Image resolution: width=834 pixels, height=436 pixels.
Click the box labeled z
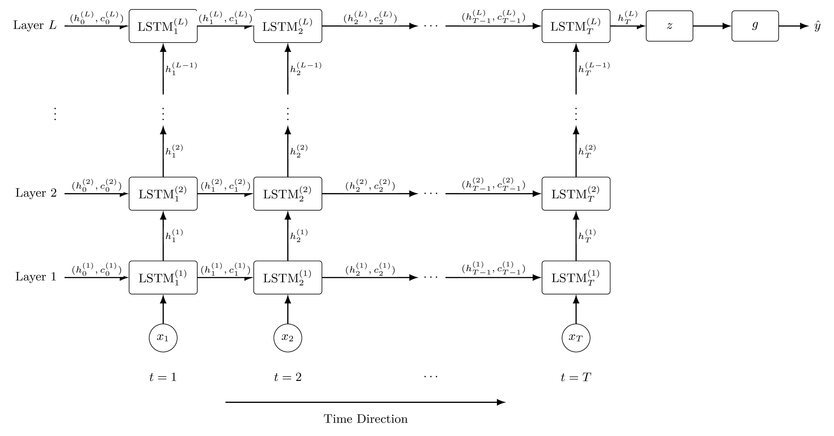tap(669, 26)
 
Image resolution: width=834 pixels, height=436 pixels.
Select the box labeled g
tap(755, 26)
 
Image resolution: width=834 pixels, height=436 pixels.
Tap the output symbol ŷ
tap(817, 26)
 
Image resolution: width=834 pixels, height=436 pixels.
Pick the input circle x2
tap(288, 338)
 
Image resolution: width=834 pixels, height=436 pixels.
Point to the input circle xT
tap(576, 338)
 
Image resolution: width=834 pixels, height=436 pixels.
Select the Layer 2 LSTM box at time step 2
tap(288, 194)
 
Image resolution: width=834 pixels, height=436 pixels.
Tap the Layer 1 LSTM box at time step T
tap(576, 278)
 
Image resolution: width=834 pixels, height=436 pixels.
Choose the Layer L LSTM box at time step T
tap(576, 26)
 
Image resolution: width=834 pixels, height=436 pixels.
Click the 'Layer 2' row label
tap(36, 193)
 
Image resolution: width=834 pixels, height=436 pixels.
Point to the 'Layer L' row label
tap(35, 25)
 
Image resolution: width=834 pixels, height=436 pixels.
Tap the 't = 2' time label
tap(288, 377)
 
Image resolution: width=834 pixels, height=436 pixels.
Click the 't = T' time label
tap(576, 377)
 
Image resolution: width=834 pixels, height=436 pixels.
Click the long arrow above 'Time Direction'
tap(365, 402)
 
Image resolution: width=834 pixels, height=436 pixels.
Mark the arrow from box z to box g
tap(712, 26)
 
